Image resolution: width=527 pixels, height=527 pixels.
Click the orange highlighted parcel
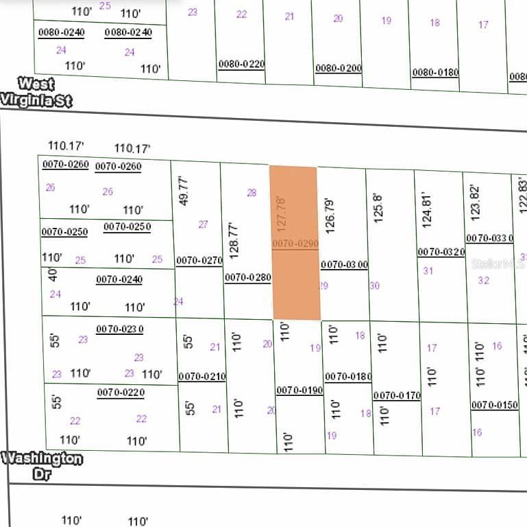coord(295,244)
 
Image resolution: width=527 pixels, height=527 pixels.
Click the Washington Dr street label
coord(42,465)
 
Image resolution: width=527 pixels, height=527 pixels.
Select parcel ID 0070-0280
coord(248,278)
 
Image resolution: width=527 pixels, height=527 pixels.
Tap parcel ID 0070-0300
coord(344,264)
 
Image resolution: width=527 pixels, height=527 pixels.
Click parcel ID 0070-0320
coord(441,252)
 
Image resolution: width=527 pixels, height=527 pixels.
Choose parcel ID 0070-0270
coord(199,260)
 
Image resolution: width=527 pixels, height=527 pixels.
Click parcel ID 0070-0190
coord(299,390)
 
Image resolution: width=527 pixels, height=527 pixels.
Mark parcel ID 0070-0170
coord(397,395)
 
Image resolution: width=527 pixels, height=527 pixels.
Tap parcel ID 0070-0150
coord(494,405)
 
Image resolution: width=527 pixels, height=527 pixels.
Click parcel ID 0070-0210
coord(201,377)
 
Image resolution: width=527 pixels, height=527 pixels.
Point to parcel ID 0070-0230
coord(120,329)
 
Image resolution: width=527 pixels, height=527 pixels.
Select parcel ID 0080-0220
coord(241,65)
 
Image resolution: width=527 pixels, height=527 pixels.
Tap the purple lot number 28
coord(252,193)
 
